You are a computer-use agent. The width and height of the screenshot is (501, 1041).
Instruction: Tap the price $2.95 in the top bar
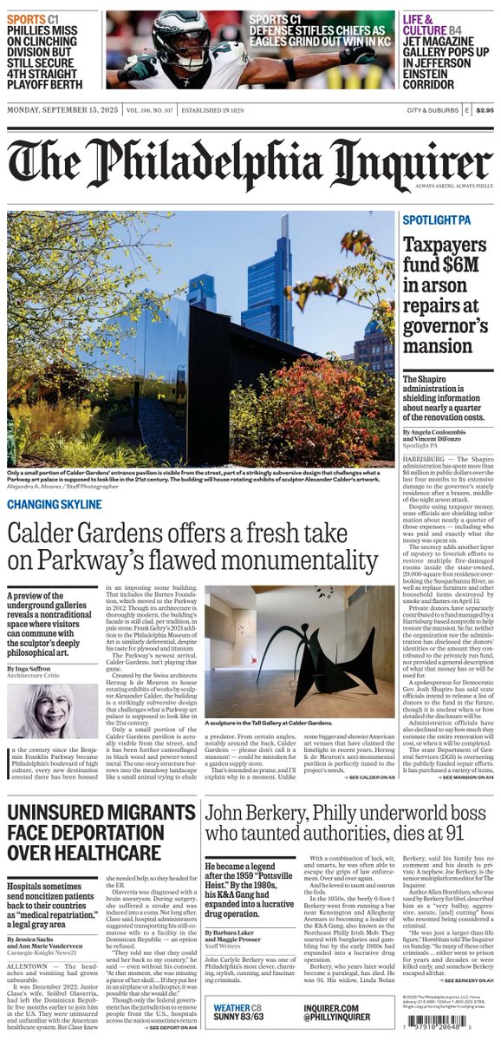(485, 110)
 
